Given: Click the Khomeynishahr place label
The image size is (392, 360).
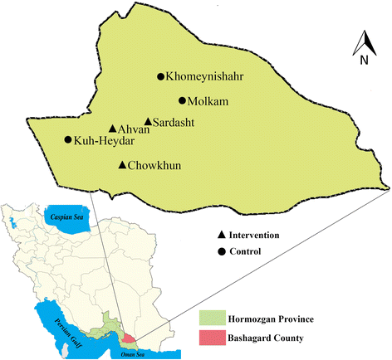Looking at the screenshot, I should pos(208,77).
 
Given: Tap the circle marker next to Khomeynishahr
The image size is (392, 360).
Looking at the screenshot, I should pos(161,77).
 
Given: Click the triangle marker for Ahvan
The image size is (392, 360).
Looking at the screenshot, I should pos(113,129).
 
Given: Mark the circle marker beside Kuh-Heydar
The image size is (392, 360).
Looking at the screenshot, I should pos(68,140).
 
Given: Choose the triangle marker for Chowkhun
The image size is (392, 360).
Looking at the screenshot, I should pos(123,165).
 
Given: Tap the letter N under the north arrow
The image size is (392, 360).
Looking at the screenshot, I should pos(364,60).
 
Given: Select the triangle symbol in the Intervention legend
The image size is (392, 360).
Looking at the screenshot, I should pos(222,236).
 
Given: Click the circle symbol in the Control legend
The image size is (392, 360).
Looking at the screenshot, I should pos(222,252).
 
